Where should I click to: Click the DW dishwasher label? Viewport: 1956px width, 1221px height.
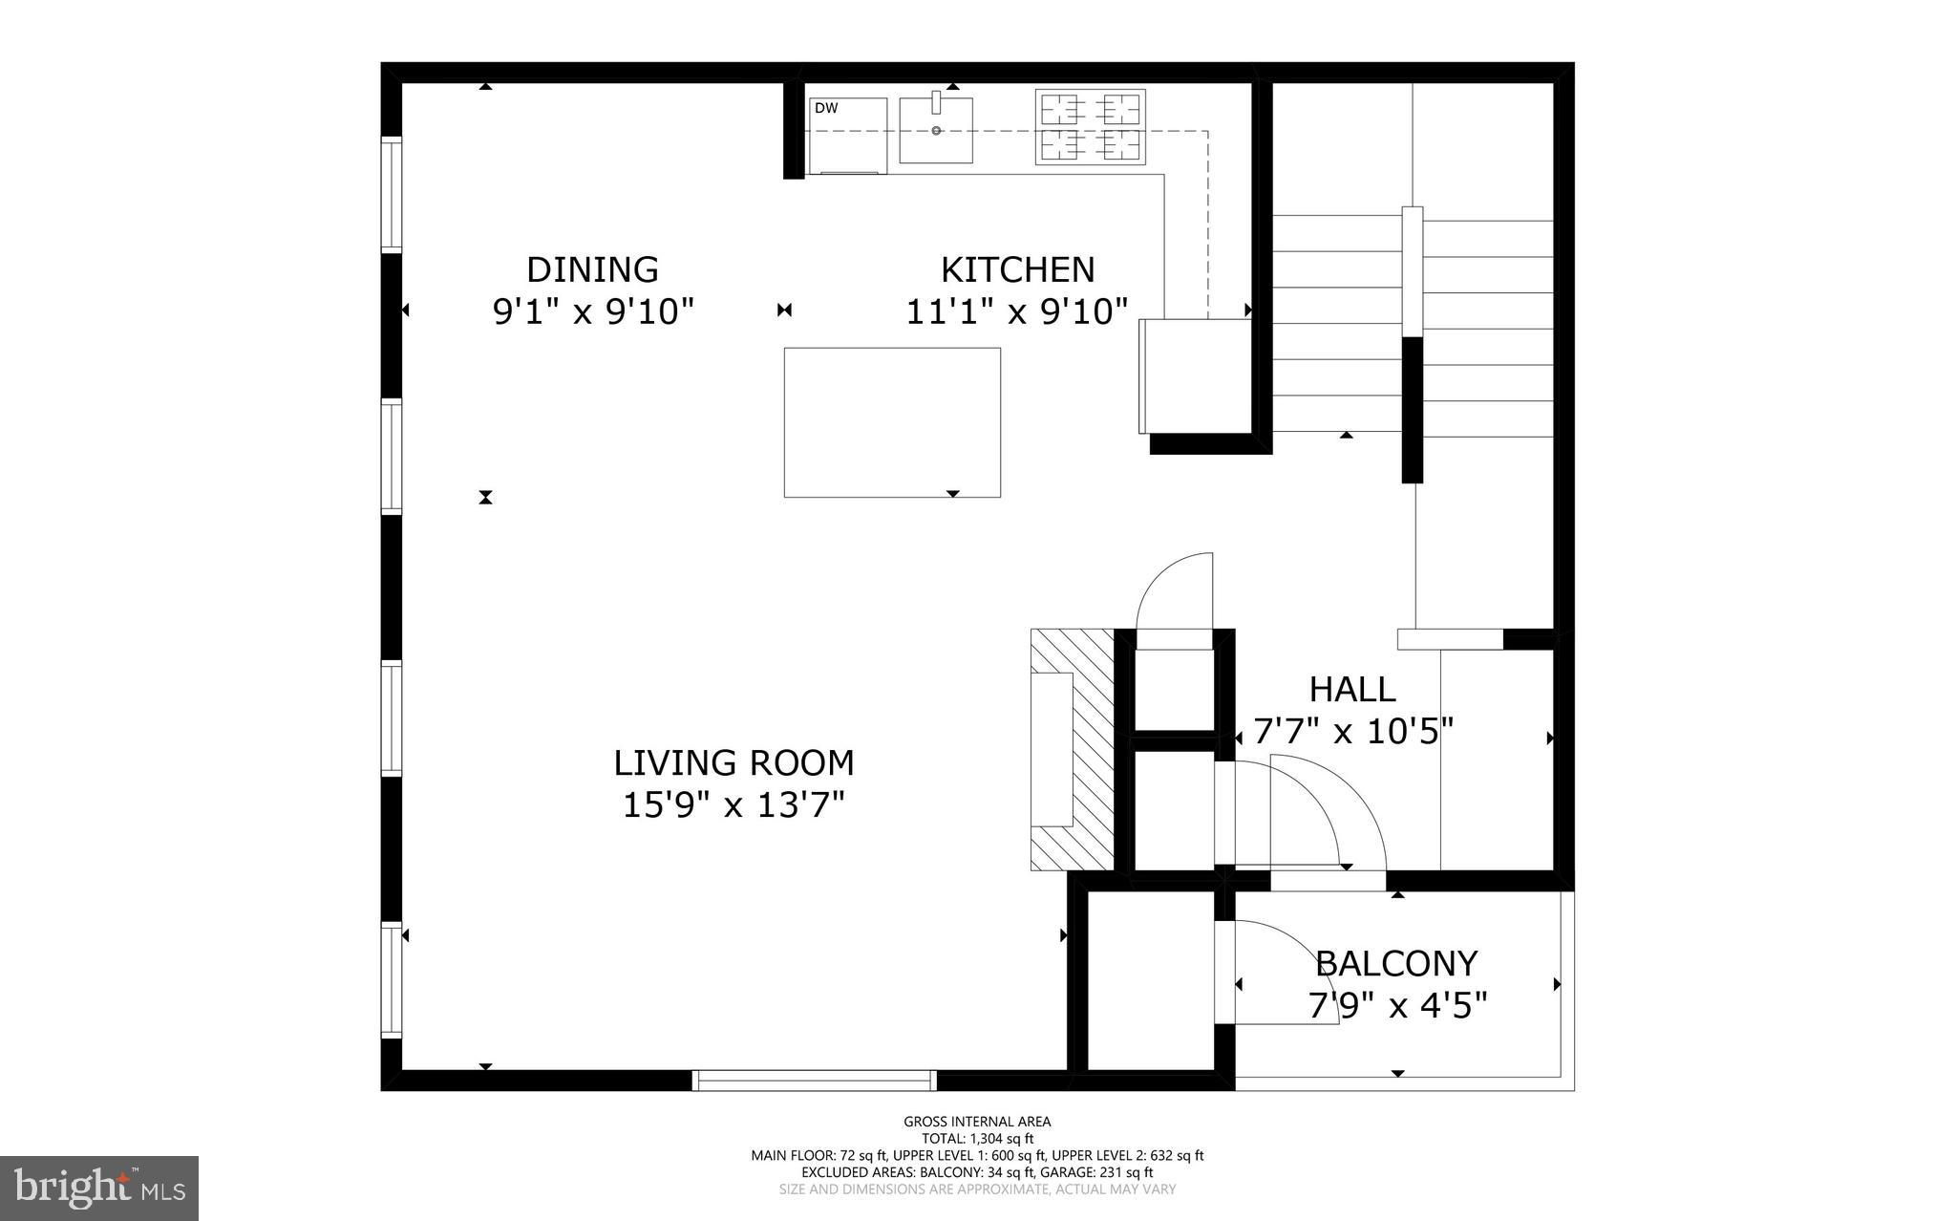(x=826, y=109)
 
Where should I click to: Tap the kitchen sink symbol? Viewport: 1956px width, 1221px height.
(x=936, y=130)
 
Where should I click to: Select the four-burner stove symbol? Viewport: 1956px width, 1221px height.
(x=1091, y=127)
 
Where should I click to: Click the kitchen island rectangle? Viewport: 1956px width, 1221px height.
(x=892, y=422)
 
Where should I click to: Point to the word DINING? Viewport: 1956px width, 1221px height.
(x=592, y=269)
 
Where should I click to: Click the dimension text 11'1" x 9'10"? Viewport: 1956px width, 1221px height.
(x=1017, y=311)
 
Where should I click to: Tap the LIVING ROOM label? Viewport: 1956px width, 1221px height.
(x=733, y=762)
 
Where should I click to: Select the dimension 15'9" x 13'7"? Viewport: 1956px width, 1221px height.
(x=733, y=805)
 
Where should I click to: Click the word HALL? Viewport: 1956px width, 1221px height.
(x=1351, y=689)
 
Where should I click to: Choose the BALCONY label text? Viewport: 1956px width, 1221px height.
(x=1396, y=963)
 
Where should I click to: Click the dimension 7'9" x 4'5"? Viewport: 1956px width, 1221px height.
(x=1396, y=1005)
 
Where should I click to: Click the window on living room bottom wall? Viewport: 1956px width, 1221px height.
(x=814, y=1081)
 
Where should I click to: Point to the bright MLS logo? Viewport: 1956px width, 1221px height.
(x=99, y=1188)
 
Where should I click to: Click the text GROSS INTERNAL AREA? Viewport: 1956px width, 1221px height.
(x=977, y=1122)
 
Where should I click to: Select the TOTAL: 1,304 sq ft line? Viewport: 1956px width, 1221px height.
(x=977, y=1138)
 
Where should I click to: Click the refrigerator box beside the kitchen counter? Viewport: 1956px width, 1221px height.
(x=1195, y=375)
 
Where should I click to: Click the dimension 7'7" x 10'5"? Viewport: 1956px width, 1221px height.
(x=1352, y=732)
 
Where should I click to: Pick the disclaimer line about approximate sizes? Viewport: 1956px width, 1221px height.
(x=977, y=1189)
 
